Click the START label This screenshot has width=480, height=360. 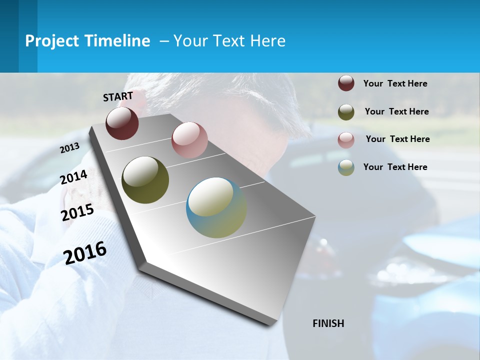[x=118, y=96]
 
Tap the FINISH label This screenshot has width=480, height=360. [x=328, y=323]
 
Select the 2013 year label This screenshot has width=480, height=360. [x=70, y=148]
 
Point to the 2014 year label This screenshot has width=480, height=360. [x=74, y=177]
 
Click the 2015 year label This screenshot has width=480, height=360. [x=77, y=212]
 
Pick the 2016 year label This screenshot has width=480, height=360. [x=85, y=253]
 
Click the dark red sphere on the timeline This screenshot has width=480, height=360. [x=122, y=123]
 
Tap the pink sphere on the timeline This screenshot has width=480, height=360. [x=189, y=140]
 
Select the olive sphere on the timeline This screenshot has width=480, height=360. [x=145, y=180]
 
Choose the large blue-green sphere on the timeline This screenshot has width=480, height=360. [x=216, y=207]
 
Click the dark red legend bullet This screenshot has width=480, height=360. [x=346, y=83]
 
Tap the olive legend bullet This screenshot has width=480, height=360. [x=346, y=112]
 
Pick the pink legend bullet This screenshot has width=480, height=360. [x=346, y=140]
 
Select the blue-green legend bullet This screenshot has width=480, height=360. [x=346, y=167]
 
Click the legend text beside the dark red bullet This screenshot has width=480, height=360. [x=395, y=84]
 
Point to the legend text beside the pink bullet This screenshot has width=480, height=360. [x=397, y=139]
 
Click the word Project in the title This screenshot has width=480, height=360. [x=52, y=41]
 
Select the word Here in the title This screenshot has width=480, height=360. [x=267, y=41]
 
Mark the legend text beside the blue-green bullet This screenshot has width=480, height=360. [x=395, y=167]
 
